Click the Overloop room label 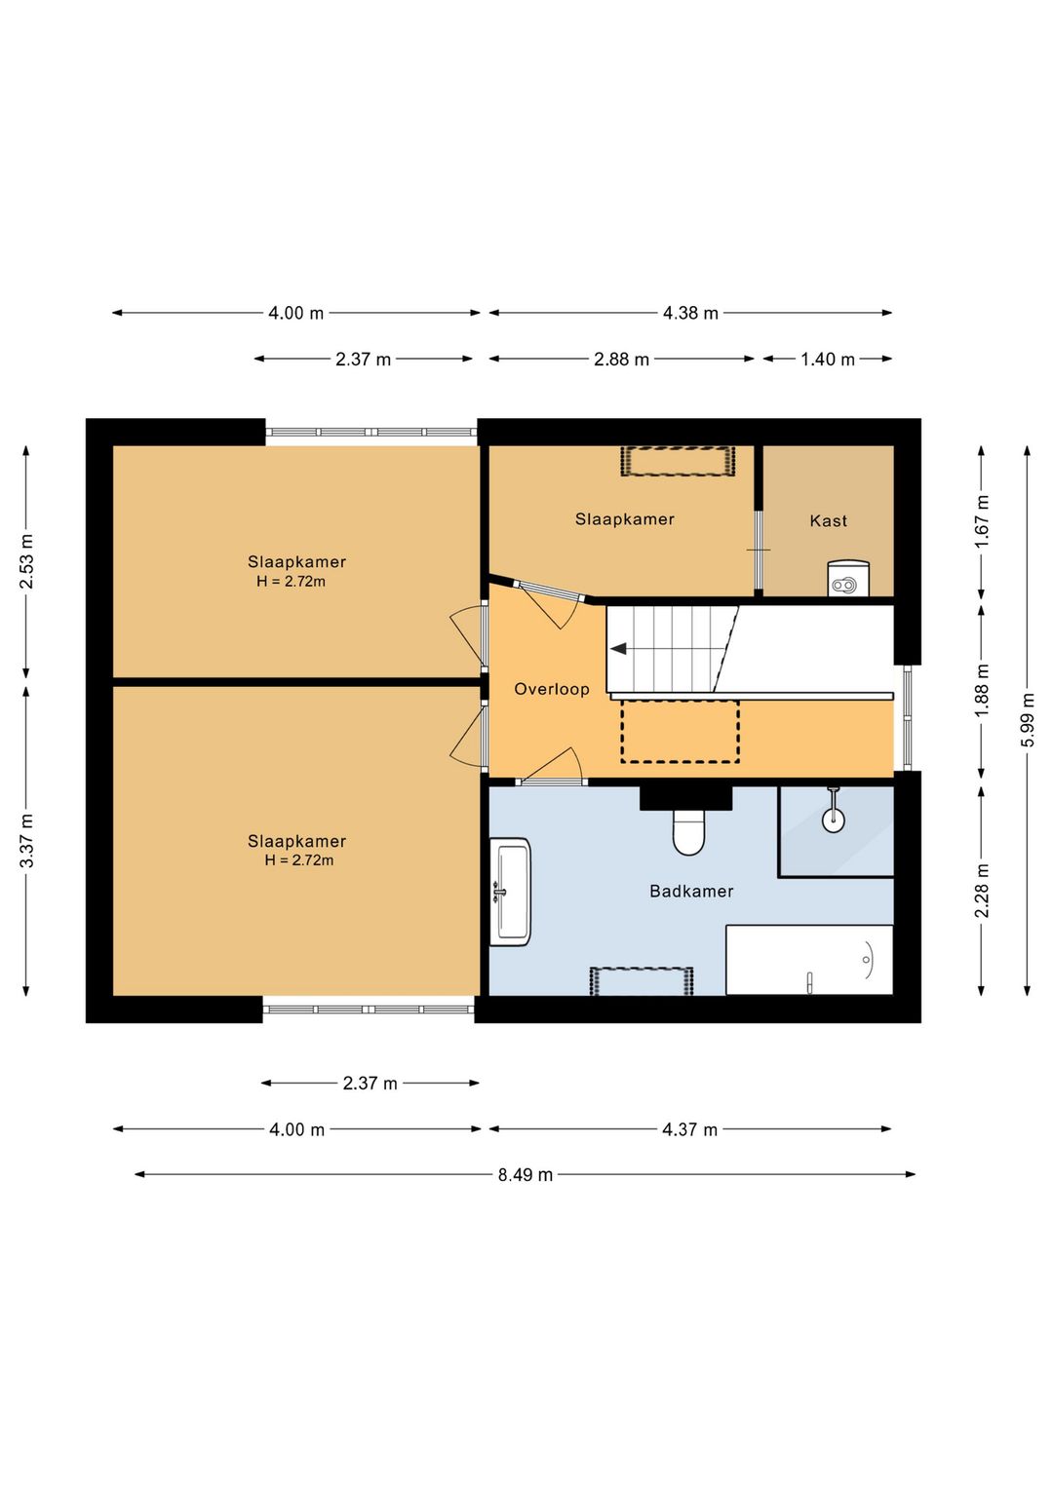552,689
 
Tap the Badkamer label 691,891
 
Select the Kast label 828,520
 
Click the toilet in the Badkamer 688,832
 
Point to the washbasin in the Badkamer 510,892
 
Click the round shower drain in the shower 833,820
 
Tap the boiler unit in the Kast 847,578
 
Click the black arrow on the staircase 618,649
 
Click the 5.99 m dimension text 1027,719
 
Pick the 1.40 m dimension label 827,360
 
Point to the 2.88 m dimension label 621,360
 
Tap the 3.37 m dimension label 26,840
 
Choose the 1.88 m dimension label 982,689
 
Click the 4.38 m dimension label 690,313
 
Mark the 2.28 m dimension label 982,891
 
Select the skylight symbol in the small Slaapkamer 678,461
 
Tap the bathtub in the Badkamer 809,960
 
